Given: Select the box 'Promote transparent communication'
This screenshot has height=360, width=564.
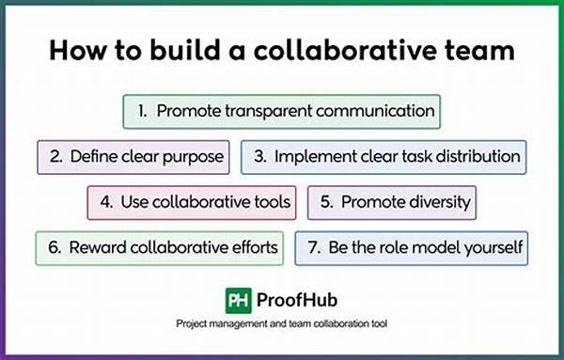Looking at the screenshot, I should click(283, 111).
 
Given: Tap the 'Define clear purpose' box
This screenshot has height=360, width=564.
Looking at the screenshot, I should click(133, 157).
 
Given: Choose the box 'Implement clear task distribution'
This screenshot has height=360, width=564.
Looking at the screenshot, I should click(384, 157).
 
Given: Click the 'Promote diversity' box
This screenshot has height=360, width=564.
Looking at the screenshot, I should click(391, 202).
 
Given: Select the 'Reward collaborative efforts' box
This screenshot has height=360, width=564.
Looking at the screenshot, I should click(159, 247).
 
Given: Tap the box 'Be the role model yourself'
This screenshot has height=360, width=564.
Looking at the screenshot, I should click(410, 247).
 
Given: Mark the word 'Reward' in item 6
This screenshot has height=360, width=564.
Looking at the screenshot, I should click(98, 247).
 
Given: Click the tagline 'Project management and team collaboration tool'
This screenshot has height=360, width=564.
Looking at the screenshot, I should click(282, 324).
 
